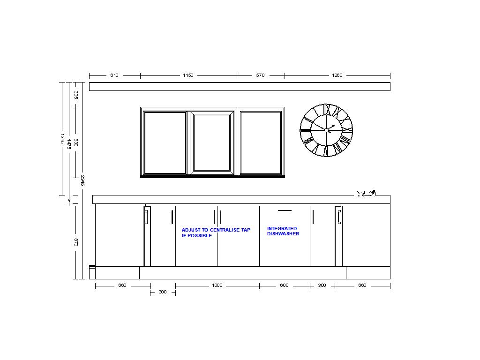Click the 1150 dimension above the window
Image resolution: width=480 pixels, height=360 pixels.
188,75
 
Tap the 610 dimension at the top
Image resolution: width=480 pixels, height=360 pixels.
114,75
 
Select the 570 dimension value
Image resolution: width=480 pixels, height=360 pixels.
260,75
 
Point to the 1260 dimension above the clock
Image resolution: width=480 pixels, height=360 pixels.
337,75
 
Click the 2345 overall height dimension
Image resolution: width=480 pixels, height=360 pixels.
82,180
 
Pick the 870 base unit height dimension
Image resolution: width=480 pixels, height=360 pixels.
76,242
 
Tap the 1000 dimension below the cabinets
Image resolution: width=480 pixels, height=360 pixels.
217,285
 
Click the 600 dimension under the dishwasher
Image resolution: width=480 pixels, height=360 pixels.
284,285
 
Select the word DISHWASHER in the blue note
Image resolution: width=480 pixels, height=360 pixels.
283,234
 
